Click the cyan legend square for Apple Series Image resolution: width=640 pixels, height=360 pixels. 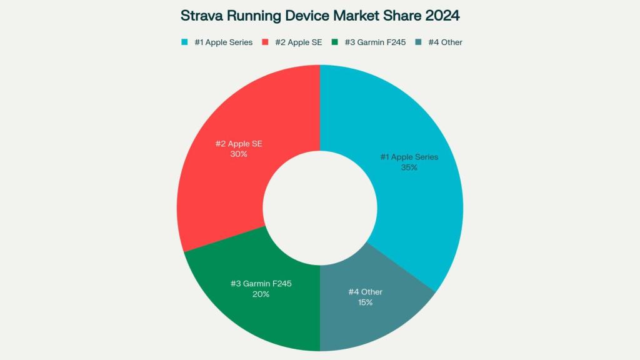pyautogui.click(x=184, y=42)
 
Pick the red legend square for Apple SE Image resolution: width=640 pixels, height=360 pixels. pyautogui.click(x=266, y=42)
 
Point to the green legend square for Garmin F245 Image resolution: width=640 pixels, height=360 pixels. pyautogui.click(x=335, y=42)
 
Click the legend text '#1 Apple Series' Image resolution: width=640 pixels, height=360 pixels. pyautogui.click(x=223, y=42)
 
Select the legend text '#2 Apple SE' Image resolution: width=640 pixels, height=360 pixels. pyautogui.click(x=299, y=42)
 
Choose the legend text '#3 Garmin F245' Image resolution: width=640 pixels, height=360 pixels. pyautogui.click(x=374, y=42)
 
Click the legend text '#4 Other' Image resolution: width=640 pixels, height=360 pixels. pyautogui.click(x=445, y=42)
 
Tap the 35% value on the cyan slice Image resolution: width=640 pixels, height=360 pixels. pyautogui.click(x=409, y=167)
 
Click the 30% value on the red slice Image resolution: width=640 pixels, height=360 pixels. pyautogui.click(x=239, y=154)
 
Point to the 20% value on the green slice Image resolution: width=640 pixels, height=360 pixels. pyautogui.click(x=261, y=294)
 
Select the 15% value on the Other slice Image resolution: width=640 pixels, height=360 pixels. pyautogui.click(x=365, y=302)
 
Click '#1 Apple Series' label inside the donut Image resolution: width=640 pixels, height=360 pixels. pyautogui.click(x=409, y=157)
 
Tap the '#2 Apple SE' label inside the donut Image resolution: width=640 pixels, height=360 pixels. pyautogui.click(x=239, y=143)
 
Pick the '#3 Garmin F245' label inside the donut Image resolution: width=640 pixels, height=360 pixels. pyautogui.click(x=261, y=284)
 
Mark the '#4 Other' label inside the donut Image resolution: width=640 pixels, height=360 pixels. pyautogui.click(x=365, y=292)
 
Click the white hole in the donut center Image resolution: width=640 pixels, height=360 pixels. pyautogui.click(x=320, y=207)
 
